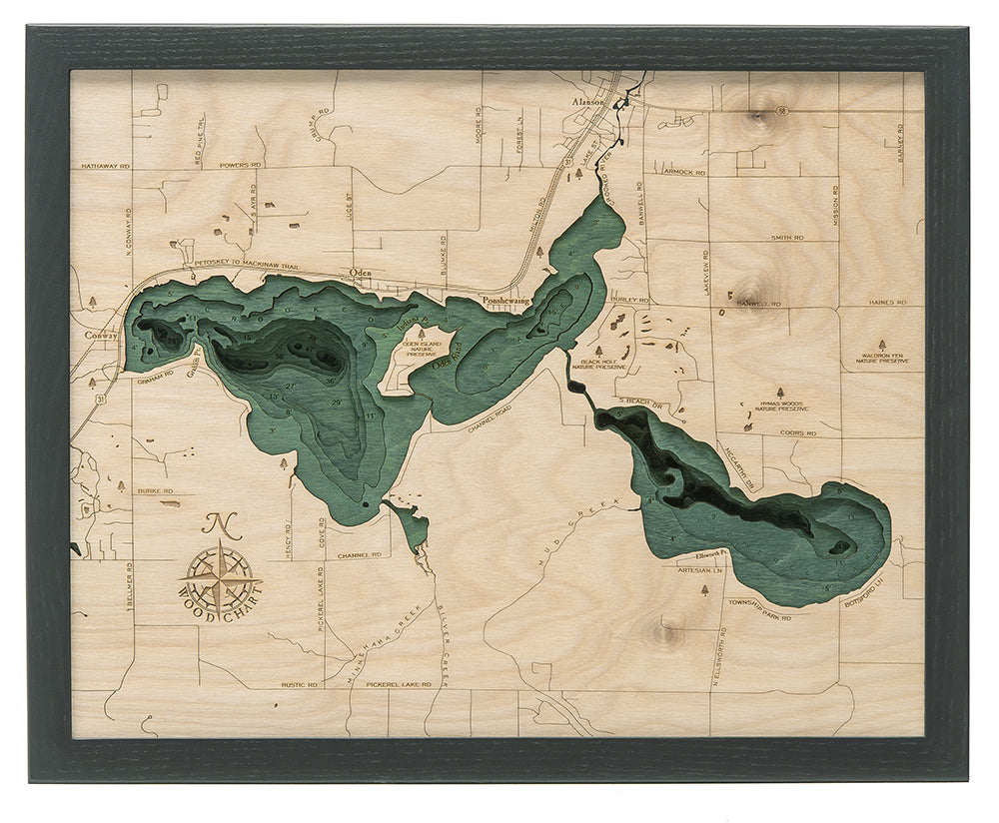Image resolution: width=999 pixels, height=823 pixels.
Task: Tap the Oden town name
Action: (x=361, y=272)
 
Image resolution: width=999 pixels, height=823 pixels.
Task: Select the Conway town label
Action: (x=100, y=336)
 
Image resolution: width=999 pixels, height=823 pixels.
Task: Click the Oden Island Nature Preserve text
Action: (x=421, y=348)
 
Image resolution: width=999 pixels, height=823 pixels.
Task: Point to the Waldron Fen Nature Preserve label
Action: (x=880, y=358)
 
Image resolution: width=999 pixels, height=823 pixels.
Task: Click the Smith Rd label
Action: (x=786, y=238)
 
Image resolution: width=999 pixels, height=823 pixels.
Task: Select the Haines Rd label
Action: (x=886, y=302)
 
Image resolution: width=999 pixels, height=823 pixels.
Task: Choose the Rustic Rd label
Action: (x=299, y=685)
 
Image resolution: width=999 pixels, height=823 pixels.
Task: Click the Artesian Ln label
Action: (x=698, y=573)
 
